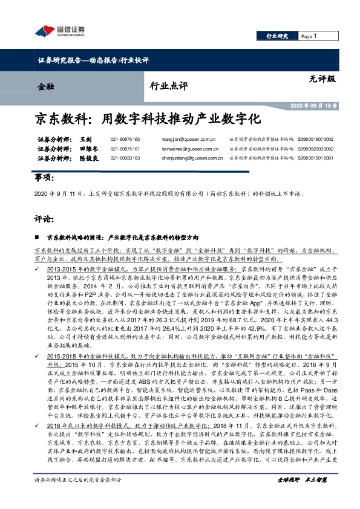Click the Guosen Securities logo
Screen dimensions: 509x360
click(x=60, y=31)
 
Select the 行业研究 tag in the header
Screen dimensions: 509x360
click(x=278, y=36)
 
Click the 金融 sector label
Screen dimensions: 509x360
click(x=45, y=86)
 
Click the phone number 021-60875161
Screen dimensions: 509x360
click(x=125, y=149)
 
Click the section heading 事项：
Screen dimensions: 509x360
click(x=41, y=180)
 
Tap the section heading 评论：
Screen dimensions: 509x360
click(x=41, y=217)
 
